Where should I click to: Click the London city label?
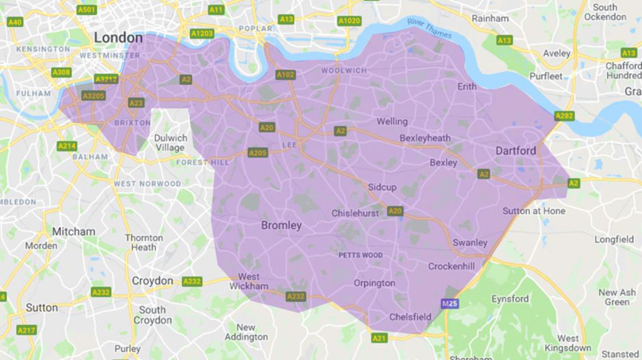pyautogui.click(x=118, y=38)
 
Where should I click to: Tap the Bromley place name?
pyautogui.click(x=281, y=225)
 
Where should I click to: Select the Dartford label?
pyautogui.click(x=516, y=151)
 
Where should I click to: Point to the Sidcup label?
pyautogui.click(x=382, y=187)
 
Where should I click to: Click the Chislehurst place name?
pyautogui.click(x=355, y=213)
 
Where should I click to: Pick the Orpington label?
pyautogui.click(x=374, y=283)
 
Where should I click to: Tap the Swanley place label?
pyautogui.click(x=470, y=242)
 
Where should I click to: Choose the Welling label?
pyautogui.click(x=392, y=121)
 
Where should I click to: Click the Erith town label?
pyautogui.click(x=467, y=86)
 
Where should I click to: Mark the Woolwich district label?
pyautogui.click(x=344, y=70)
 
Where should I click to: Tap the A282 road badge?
pyautogui.click(x=564, y=115)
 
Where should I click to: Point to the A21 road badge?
pyautogui.click(x=380, y=338)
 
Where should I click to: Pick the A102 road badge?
pyautogui.click(x=285, y=75)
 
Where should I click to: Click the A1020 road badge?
pyautogui.click(x=348, y=21)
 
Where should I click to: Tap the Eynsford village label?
pyautogui.click(x=510, y=299)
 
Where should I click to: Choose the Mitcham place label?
pyautogui.click(x=74, y=232)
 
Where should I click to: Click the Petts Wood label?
pyautogui.click(x=361, y=255)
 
